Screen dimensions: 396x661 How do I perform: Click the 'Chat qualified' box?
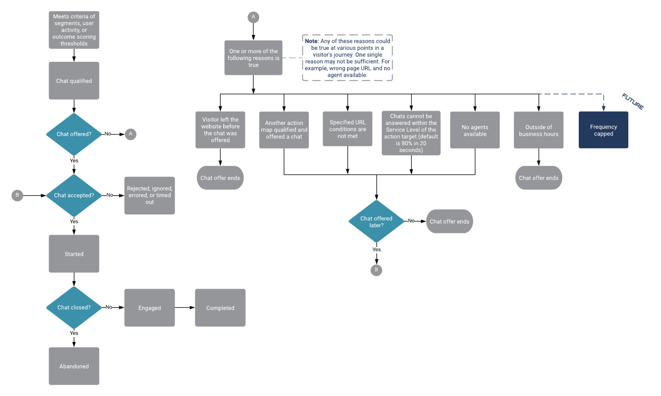pos(74,81)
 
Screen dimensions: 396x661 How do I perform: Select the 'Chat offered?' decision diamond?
pos(74,134)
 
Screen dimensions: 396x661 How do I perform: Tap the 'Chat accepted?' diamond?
pos(74,195)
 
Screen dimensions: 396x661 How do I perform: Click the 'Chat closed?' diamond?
pos(74,308)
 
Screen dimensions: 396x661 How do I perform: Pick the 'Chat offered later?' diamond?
pos(376,222)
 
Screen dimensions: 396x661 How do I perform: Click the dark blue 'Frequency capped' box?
pos(603,130)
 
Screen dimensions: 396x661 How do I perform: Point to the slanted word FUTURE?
pos(632,102)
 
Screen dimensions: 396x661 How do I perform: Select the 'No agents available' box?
pos(475,130)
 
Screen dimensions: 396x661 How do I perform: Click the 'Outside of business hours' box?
pos(538,130)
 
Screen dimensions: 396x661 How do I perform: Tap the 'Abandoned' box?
pos(74,366)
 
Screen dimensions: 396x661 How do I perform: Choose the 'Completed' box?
pos(220,308)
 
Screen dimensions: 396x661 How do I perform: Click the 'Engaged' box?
pos(150,308)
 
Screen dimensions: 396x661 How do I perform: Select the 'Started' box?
pos(74,254)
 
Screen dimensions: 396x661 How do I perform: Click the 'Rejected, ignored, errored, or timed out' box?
pos(150,195)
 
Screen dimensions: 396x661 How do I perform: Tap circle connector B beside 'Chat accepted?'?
pos(17,195)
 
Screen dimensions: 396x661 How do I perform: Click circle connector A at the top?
pos(253,17)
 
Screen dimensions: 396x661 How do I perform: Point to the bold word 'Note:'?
pos(312,41)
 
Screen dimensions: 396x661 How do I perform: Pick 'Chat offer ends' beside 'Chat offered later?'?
pos(449,221)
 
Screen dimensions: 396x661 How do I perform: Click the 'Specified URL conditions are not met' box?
pos(347,129)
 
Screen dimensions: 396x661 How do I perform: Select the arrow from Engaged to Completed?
pos(185,308)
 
